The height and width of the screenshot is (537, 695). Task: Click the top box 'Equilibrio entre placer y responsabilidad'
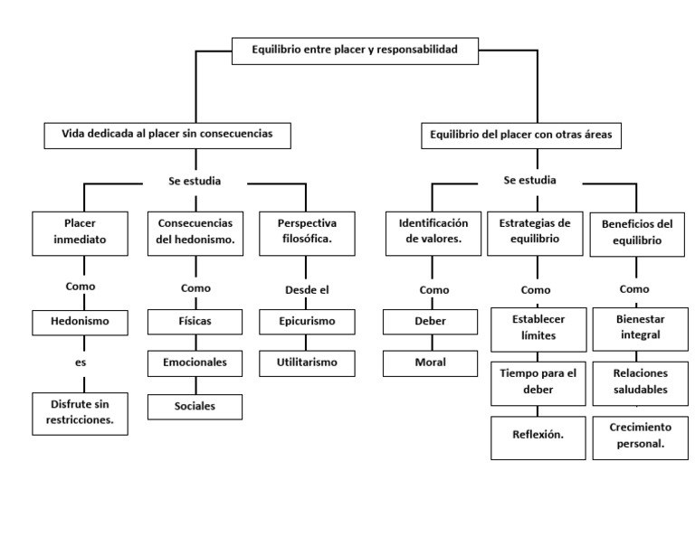[x=357, y=51]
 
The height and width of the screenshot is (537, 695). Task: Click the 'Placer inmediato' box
[x=79, y=232]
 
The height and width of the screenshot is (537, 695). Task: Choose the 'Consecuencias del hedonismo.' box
[x=195, y=232]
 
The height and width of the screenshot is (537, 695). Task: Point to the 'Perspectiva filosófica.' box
[x=307, y=232]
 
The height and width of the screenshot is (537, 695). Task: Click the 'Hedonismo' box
[x=79, y=322]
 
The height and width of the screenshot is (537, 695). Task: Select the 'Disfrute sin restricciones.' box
[x=79, y=412]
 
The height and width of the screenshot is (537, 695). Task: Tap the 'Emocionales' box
[x=195, y=363]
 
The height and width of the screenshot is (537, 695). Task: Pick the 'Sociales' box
[x=195, y=407]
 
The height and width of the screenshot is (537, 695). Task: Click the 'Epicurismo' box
[x=307, y=321]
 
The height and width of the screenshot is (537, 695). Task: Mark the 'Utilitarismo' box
[x=307, y=363]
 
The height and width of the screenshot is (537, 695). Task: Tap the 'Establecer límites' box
[x=538, y=328]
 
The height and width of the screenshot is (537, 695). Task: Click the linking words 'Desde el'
[x=307, y=289]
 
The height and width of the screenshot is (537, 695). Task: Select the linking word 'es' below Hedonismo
[x=80, y=361]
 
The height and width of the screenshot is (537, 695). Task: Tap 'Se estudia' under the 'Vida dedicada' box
[x=195, y=182]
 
